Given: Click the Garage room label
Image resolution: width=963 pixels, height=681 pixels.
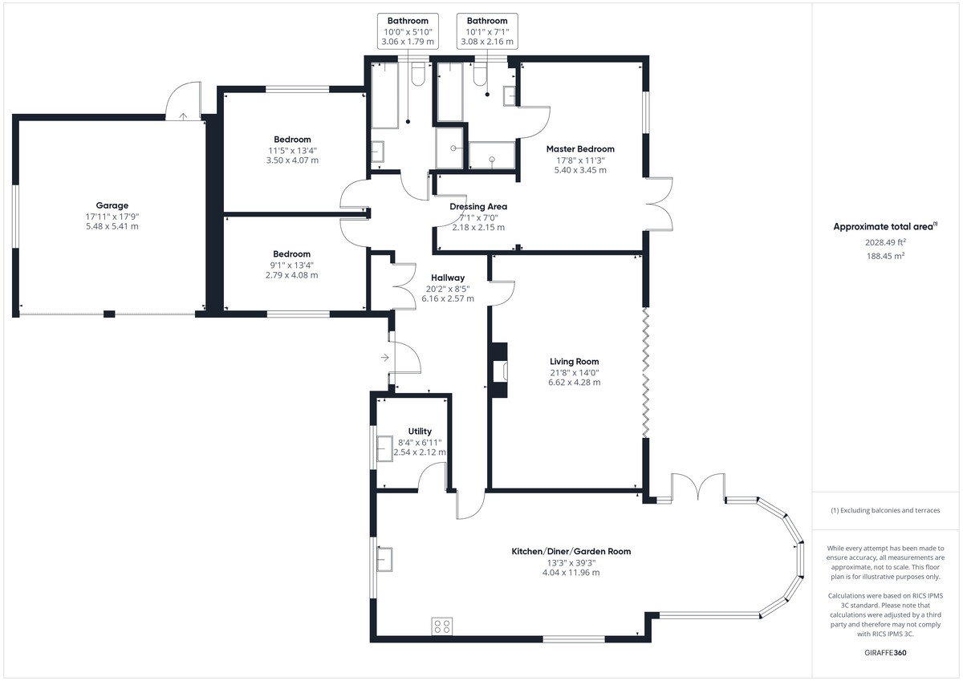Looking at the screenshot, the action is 112,205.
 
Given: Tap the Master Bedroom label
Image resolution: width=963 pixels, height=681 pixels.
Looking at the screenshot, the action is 580,149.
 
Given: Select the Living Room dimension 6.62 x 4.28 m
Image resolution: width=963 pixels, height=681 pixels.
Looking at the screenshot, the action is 574,383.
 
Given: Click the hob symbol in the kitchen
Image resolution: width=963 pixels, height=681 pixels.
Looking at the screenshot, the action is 442,626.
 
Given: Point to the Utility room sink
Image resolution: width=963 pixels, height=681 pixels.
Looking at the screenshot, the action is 384,448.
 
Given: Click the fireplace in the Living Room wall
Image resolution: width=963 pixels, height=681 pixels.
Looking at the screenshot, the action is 498,370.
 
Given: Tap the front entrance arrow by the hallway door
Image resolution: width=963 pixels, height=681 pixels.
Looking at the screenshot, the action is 384,358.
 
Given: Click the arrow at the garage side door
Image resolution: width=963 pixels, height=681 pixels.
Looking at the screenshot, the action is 183,116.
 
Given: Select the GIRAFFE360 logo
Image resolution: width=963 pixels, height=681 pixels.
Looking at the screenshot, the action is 885,653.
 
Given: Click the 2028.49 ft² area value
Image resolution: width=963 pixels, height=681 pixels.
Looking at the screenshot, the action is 885,242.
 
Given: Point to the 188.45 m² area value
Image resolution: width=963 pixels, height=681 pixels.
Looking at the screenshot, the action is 885,256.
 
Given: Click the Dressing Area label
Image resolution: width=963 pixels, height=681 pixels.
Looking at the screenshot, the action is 478,207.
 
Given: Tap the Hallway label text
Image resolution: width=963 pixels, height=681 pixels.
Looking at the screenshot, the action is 448,278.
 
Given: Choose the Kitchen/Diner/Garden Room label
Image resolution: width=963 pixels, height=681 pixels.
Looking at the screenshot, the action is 571,551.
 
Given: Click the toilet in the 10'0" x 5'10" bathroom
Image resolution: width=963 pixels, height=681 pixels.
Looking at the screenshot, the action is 418,74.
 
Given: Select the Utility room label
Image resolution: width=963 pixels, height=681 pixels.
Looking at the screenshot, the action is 420,432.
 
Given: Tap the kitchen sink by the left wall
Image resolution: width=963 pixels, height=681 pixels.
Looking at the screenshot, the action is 384,559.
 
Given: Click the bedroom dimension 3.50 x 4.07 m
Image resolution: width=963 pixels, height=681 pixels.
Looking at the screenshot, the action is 292,160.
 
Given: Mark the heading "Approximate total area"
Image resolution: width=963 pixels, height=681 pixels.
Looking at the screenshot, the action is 883,227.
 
